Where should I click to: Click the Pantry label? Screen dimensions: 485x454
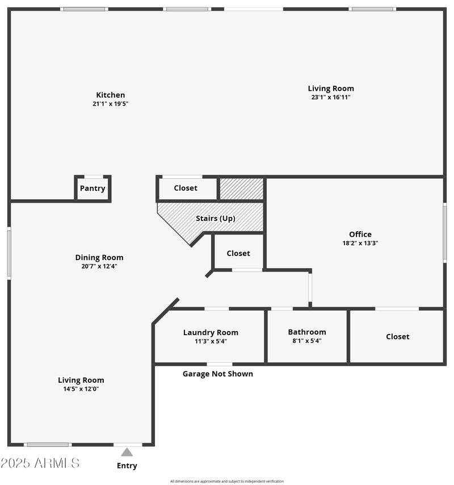point(93,189)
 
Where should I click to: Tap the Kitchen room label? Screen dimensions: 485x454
point(111,95)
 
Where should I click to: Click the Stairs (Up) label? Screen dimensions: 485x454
point(216,218)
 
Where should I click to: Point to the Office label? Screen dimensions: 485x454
point(360,234)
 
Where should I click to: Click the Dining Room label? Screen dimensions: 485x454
point(99,257)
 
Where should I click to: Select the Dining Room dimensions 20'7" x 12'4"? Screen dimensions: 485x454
point(99,266)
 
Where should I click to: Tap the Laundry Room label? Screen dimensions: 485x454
point(211,332)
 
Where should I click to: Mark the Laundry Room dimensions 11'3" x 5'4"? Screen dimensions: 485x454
point(211,341)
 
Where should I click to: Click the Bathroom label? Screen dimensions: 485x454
point(307,332)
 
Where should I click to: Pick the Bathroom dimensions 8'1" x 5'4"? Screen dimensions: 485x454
point(307,341)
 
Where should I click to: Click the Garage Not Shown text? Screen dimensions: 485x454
point(218,374)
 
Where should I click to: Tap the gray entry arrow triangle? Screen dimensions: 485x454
point(127,452)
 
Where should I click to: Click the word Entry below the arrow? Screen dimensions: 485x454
point(127,466)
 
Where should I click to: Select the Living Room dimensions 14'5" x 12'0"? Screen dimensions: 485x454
point(81,389)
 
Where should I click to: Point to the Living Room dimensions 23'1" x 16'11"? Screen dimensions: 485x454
point(331,97)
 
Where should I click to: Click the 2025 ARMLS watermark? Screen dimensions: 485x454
point(40,463)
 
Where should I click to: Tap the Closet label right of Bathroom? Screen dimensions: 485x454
point(398,336)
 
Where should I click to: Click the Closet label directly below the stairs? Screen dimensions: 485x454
point(238,253)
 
